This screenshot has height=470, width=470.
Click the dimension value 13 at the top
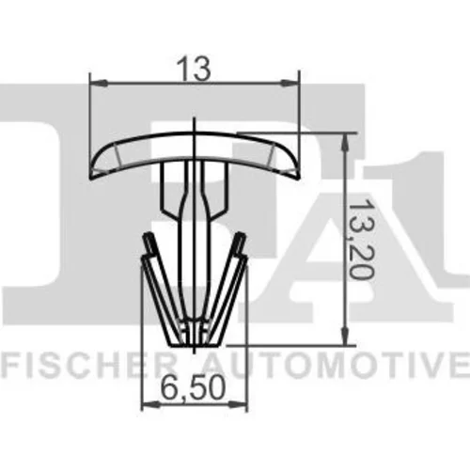pyautogui.click(x=193, y=69)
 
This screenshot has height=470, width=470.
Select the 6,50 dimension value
pyautogui.click(x=194, y=389)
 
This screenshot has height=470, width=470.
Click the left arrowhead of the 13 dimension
pyautogui.click(x=99, y=83)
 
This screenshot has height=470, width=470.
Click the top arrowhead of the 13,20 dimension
pyautogui.click(x=345, y=142)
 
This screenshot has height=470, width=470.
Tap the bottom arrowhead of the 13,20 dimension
pyautogui.click(x=345, y=337)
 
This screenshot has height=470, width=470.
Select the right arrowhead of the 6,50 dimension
pyautogui.click(x=238, y=405)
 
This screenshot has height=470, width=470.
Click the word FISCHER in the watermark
pyautogui.click(x=87, y=365)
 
